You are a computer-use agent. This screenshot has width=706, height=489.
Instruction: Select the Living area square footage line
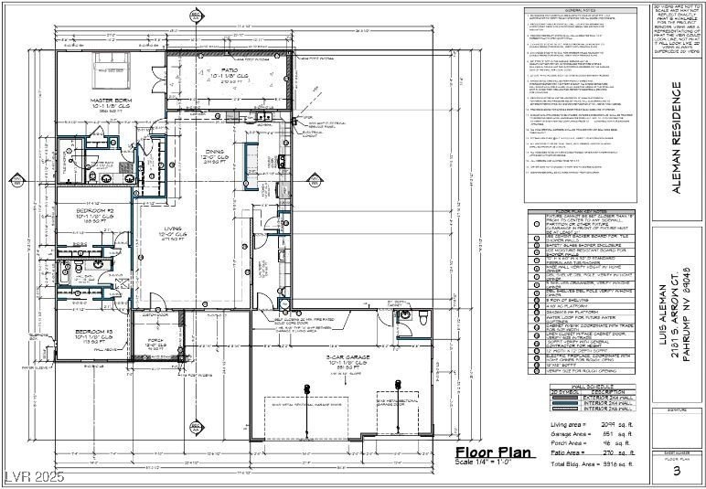pyautogui.click(x=591, y=423)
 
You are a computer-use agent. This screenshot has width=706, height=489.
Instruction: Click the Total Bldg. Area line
pyautogui.click(x=591, y=464)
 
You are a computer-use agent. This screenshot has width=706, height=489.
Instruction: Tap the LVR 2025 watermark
pyautogui.click(x=30, y=477)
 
